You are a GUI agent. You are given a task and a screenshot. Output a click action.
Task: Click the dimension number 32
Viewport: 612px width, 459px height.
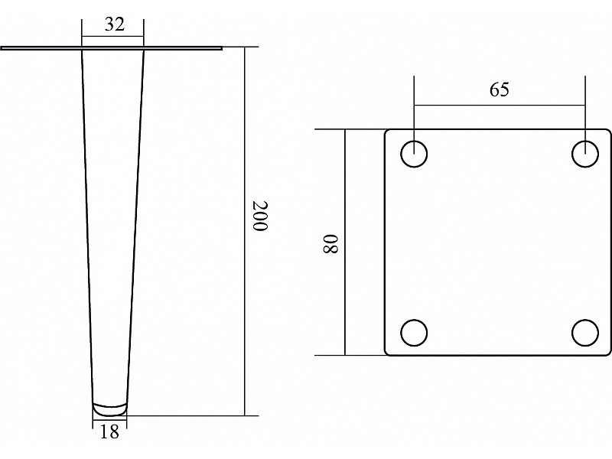coord(114,24)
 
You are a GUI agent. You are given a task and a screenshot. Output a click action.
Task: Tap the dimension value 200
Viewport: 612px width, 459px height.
coord(259,216)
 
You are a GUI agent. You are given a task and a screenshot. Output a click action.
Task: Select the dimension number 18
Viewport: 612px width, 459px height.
coord(109,431)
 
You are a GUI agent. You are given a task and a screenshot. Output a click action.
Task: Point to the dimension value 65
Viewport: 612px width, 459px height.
coord(500,90)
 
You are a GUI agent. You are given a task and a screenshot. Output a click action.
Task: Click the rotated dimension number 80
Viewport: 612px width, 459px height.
coord(330,244)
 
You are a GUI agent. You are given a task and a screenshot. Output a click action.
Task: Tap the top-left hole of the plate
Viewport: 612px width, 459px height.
coord(414,154)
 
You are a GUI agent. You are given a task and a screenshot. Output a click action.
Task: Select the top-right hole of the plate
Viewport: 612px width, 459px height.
coord(585,154)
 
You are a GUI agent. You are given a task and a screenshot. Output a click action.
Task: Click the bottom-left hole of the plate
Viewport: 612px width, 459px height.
coord(414,333)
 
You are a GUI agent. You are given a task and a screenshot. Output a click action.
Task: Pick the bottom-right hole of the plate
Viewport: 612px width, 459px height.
coord(585,333)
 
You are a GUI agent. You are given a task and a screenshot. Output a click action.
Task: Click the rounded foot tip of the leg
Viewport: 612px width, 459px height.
coord(109,409)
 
